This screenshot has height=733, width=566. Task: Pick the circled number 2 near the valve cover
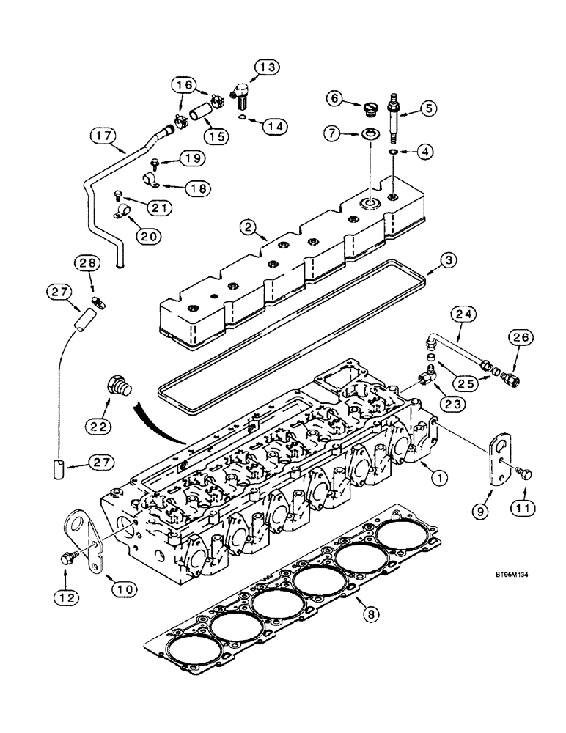[x=251, y=229]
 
